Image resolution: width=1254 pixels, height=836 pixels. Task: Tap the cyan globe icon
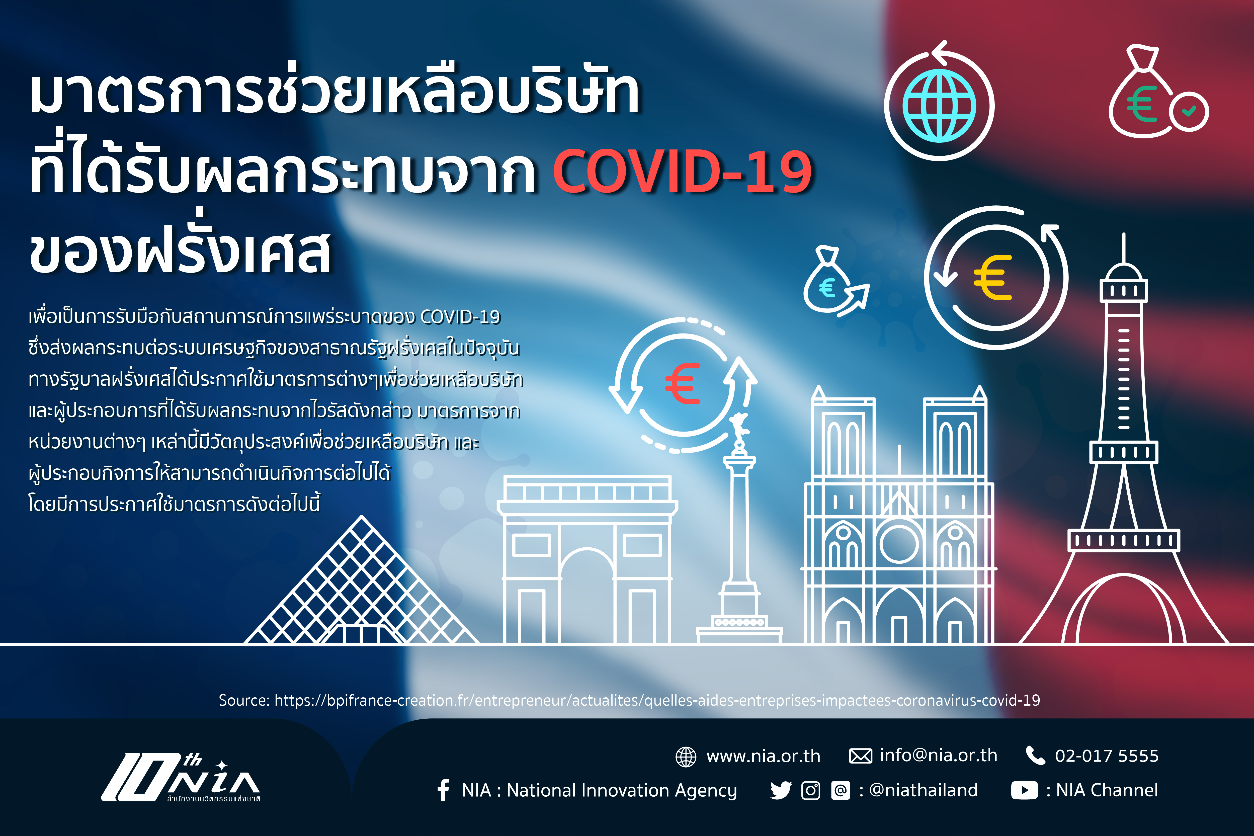(939, 107)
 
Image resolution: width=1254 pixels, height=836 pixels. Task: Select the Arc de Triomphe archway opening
(587, 597)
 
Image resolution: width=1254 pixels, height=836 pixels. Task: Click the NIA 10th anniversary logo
(181, 777)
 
